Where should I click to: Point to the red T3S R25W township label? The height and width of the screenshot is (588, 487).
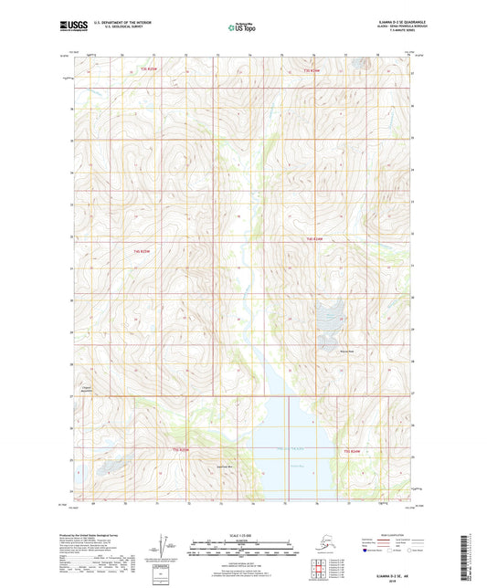point(149,70)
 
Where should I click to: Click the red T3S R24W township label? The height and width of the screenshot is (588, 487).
point(313,70)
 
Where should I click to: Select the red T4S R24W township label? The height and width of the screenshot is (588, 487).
point(315,239)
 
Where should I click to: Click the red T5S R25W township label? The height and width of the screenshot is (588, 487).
point(182,450)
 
